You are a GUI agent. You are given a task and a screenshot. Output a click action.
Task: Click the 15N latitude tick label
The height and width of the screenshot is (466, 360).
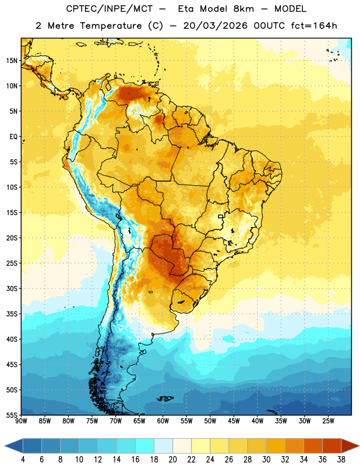(12, 61)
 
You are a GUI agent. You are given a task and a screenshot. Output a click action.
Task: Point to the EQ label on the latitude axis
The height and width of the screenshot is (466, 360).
(13, 137)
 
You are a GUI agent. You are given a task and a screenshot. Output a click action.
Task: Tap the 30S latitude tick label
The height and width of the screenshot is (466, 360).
(12, 288)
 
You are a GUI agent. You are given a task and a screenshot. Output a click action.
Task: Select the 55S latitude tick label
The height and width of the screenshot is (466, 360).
(12, 415)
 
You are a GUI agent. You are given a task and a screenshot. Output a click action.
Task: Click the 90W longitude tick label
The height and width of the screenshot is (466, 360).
(22, 421)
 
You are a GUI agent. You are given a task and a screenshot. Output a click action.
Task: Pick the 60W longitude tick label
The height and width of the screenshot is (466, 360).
(163, 421)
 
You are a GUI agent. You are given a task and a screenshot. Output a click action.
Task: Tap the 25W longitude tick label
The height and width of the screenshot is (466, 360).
(328, 421)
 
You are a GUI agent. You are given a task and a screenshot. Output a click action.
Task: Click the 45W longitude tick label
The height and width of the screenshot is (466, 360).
(234, 421)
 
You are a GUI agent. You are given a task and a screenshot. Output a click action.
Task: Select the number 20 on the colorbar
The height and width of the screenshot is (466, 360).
(172, 460)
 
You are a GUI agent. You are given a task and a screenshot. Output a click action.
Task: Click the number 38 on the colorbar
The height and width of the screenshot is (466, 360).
(341, 460)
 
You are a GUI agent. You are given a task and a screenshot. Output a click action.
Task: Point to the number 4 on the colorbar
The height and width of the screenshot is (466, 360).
(23, 460)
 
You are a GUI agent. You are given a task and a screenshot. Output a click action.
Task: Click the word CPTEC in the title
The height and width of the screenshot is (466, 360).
(79, 9)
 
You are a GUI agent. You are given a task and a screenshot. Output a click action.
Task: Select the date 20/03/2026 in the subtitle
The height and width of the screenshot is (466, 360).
(215, 26)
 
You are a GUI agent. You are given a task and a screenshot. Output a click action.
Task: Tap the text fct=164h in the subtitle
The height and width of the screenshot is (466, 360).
(314, 26)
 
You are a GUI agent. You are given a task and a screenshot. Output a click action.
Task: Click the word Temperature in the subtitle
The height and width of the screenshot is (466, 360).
(111, 26)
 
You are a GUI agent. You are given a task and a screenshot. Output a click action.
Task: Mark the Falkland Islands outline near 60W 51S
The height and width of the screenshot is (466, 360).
(165, 398)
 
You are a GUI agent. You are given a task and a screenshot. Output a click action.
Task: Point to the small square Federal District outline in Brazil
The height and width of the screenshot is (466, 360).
(221, 216)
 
